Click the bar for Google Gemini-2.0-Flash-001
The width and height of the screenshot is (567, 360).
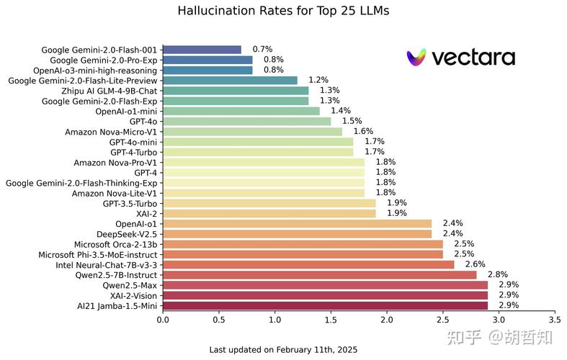pos(202,50)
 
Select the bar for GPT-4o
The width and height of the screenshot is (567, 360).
pos(247,122)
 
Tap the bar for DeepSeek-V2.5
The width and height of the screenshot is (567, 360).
pos(298,234)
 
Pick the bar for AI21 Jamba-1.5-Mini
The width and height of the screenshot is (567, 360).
pos(326,306)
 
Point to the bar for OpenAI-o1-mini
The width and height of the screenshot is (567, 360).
pos(241,111)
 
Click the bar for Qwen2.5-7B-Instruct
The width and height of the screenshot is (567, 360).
pos(320,275)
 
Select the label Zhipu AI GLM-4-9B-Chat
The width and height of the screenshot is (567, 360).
pos(110,91)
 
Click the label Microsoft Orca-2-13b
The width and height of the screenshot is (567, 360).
pos(116,245)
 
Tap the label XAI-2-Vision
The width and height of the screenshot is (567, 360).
pos(133,296)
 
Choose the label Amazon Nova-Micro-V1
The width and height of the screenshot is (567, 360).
pos(111,132)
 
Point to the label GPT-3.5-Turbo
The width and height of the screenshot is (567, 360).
pos(130,204)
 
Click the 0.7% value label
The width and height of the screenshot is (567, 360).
pos(262,49)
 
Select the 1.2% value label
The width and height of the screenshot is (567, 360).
pos(318,80)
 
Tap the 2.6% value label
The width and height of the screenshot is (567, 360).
pos(476,264)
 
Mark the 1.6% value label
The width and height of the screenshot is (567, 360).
pos(363,131)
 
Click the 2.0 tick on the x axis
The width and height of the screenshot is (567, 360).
pos(387,320)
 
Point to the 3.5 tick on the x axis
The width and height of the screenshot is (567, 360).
pos(554,320)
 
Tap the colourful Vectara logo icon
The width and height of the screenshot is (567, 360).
pos(416,58)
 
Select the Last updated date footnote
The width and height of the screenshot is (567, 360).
pos(283,350)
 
